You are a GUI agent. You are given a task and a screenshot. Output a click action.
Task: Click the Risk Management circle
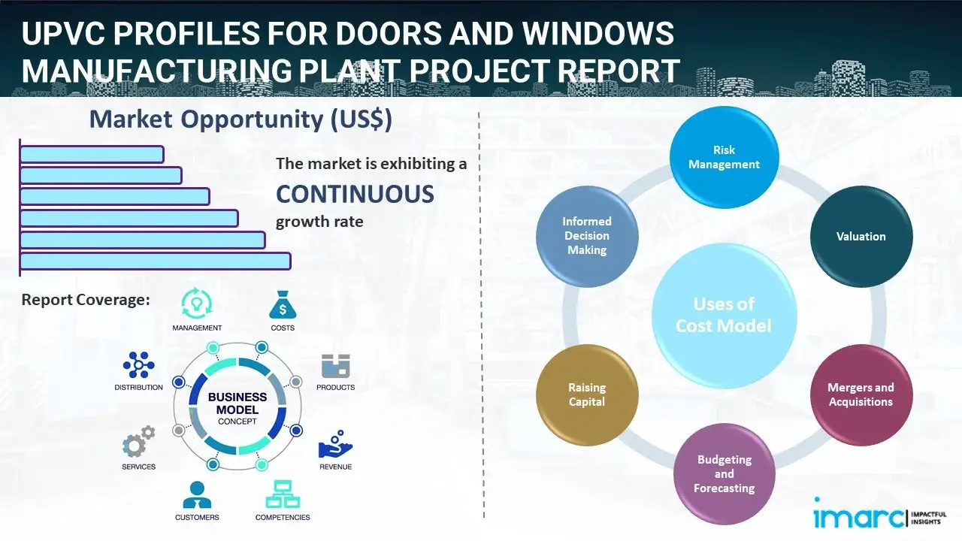point(724,157)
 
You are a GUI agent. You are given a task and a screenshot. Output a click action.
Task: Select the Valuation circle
point(861,236)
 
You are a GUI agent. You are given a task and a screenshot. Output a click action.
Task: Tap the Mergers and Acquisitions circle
point(861,394)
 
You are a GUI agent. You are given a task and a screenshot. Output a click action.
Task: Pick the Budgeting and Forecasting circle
point(724,473)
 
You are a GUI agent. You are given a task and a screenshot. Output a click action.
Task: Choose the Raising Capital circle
point(587,394)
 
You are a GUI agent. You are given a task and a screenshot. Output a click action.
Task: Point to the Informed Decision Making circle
point(587,236)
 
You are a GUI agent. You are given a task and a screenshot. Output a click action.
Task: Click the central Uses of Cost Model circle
point(724,315)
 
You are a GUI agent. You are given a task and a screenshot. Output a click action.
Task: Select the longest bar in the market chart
point(155,261)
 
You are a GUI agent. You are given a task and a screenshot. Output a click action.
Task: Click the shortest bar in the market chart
point(92,154)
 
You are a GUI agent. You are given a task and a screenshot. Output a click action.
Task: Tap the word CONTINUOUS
point(355,195)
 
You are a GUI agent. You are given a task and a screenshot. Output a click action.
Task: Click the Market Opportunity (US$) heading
point(240,119)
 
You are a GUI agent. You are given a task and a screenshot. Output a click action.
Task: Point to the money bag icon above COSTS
point(282,305)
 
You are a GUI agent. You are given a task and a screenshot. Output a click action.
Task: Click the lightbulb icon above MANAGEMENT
point(196,304)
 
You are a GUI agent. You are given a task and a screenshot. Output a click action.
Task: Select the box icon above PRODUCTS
point(336,367)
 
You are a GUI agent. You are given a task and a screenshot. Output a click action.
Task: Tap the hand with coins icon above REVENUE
point(335,445)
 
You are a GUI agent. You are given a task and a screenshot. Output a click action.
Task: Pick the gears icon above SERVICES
point(138,443)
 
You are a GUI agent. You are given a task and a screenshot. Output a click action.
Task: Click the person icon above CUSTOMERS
point(197,494)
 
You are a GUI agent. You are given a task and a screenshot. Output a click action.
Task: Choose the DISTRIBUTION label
point(138,388)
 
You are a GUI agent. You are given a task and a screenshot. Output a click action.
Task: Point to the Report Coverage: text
point(86,300)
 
